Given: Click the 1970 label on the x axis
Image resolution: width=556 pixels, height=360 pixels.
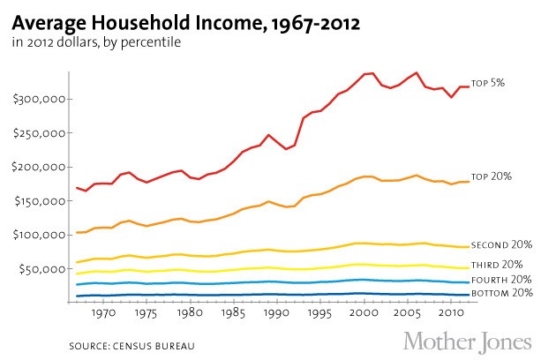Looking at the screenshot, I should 104,312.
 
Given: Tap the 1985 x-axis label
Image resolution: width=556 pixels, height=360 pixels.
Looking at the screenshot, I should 233,312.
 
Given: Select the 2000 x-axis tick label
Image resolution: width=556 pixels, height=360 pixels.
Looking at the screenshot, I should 362,312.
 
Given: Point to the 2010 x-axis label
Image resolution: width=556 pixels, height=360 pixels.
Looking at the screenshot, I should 447,312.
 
